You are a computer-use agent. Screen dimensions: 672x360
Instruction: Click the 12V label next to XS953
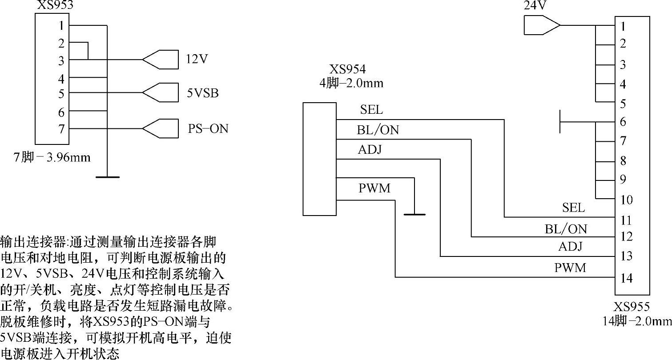[x=197, y=59]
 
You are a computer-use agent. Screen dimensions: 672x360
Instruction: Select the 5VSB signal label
[x=203, y=93]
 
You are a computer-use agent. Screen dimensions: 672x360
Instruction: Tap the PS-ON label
[x=208, y=128]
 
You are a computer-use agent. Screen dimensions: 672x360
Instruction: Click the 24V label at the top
[x=535, y=5]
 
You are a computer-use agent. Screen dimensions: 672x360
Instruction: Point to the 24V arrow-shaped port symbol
[x=542, y=25]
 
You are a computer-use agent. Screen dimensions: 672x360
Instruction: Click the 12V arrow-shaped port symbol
[x=160, y=60]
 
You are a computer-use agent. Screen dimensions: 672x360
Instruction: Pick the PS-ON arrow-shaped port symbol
[x=160, y=128]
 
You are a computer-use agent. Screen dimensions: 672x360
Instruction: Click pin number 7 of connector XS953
[x=61, y=129]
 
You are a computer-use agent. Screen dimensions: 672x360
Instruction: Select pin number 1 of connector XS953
[x=61, y=26]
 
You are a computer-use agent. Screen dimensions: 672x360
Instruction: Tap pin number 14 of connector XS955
[x=626, y=278]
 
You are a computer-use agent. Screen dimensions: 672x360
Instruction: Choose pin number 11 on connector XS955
[x=626, y=220]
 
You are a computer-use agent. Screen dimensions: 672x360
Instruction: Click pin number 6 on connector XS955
[x=623, y=122]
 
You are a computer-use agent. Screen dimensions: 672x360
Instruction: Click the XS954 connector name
[x=347, y=69]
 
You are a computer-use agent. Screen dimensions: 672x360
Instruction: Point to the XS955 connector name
[x=632, y=307]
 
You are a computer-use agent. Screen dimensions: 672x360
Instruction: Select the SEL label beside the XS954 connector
[x=371, y=109]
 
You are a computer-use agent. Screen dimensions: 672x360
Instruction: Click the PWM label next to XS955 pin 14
[x=570, y=268]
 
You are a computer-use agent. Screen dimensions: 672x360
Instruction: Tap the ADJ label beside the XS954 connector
[x=370, y=149]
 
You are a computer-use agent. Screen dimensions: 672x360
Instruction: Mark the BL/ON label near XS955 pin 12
[x=566, y=229]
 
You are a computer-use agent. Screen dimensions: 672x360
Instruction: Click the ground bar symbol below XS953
[x=107, y=177]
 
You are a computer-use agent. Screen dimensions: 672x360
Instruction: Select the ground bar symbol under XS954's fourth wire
[x=414, y=215]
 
